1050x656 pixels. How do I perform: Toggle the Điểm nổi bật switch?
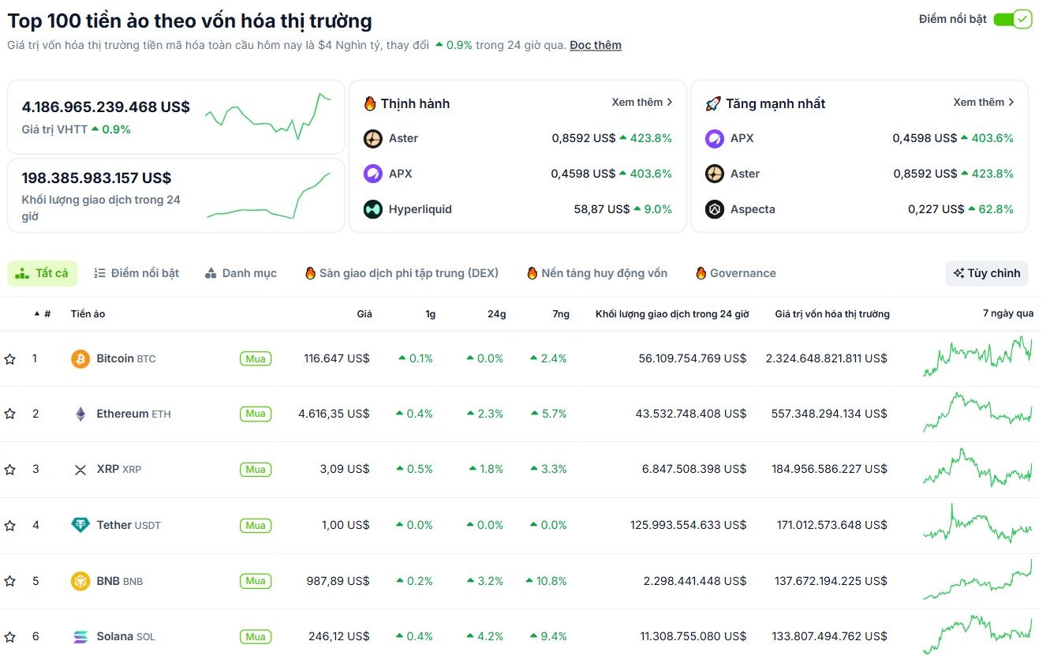click(x=1012, y=19)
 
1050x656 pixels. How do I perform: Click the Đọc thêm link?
click(x=595, y=45)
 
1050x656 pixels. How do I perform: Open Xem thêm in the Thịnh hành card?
click(x=641, y=103)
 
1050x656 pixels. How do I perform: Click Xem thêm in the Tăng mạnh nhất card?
click(x=983, y=103)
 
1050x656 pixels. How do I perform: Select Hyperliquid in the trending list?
click(x=420, y=209)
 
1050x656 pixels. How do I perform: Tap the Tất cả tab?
click(x=43, y=273)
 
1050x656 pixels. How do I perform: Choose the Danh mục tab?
click(x=241, y=273)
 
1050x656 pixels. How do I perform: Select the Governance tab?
click(x=735, y=273)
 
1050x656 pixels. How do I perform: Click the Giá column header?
click(x=364, y=314)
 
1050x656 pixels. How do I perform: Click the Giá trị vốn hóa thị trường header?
click(x=831, y=314)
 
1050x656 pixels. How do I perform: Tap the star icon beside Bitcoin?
click(x=9, y=359)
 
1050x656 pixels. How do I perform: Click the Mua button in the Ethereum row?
click(x=256, y=414)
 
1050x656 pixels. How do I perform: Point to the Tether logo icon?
click(x=80, y=525)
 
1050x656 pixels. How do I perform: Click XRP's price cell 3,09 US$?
click(x=345, y=469)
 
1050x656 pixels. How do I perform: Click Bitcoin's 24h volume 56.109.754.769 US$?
click(x=692, y=358)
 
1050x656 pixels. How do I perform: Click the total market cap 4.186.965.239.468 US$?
click(x=106, y=107)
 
